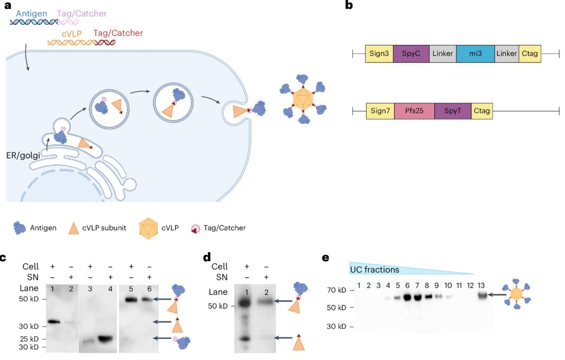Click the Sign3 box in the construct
(x=379, y=54)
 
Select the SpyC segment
(x=411, y=54)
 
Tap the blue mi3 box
(x=475, y=54)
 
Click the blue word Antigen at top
(x=33, y=12)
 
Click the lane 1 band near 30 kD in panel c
(x=54, y=321)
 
